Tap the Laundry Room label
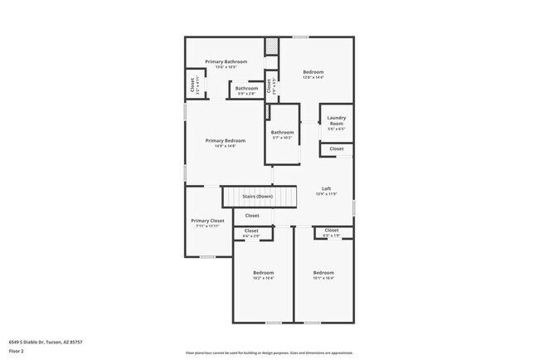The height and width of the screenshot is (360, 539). coord(336,121)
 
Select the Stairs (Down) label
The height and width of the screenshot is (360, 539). coord(257,197)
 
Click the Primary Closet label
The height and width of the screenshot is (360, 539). coord(207,221)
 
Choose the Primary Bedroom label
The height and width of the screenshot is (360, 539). coord(226,141)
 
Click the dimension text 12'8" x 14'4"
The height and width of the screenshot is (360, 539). coord(313,78)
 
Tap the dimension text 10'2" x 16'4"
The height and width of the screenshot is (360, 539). coord(263,279)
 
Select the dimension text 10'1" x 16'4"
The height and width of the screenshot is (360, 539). coord(323,279)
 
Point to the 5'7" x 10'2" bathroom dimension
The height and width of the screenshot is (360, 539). coord(282,138)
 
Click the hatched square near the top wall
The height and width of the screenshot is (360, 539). coord(271,46)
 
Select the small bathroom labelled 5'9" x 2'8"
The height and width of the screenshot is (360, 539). coord(246,89)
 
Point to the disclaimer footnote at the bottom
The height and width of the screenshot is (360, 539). coord(269,353)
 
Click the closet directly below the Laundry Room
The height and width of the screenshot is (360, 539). coord(336,148)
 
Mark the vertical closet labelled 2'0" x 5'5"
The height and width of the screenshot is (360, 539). coord(269,85)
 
